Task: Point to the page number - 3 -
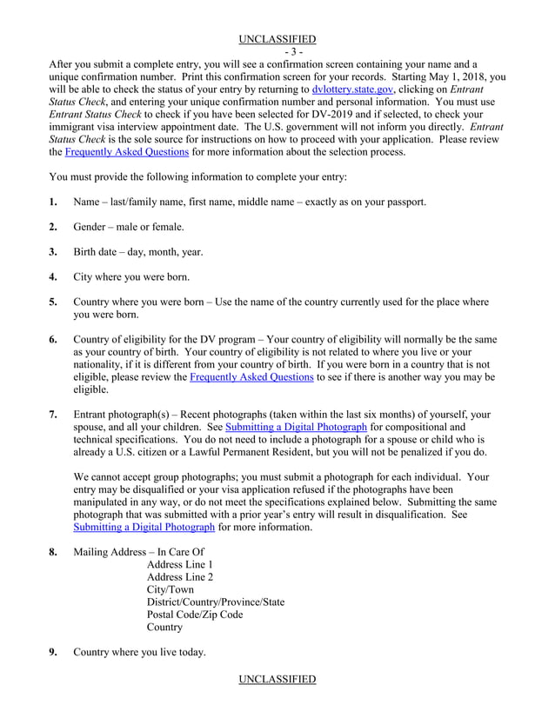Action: click(x=277, y=51)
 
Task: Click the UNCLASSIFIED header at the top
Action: click(x=277, y=38)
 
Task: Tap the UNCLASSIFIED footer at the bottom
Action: click(x=277, y=679)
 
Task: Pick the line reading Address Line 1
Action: click(x=180, y=565)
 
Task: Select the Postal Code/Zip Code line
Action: click(x=195, y=615)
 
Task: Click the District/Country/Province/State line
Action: click(x=216, y=602)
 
